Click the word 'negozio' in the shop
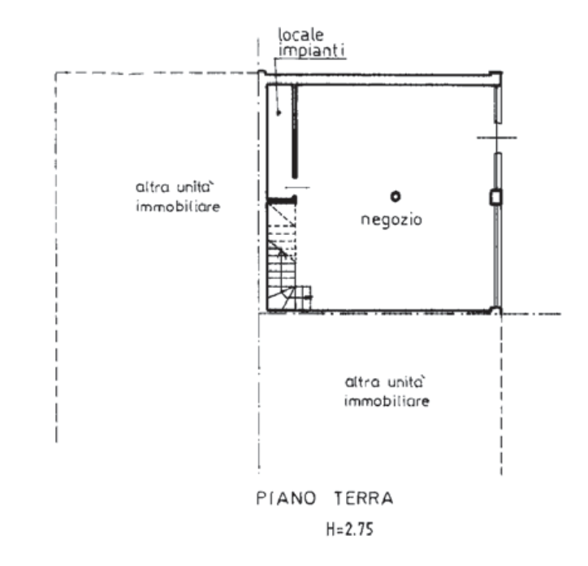tap(391, 220)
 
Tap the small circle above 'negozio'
tap(394, 196)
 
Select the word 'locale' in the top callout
tap(300, 36)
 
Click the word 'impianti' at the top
tap(313, 50)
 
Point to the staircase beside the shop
tap(282, 254)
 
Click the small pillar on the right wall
tap(495, 197)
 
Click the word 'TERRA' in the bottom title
tap(363, 497)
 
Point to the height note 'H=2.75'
tap(350, 530)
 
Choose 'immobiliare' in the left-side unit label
tap(178, 207)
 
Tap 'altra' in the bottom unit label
tap(360, 381)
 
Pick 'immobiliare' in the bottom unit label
tap(387, 402)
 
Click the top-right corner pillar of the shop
tap(495, 77)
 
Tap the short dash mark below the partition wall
tap(299, 187)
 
